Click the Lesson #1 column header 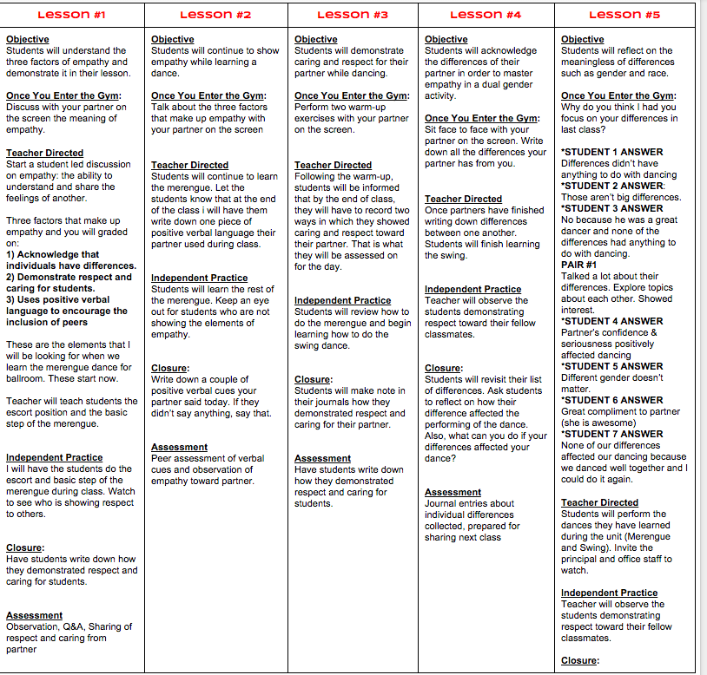(72, 15)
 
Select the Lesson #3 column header (353, 15)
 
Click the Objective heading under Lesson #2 (172, 39)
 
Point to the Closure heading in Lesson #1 (24, 547)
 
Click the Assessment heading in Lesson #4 (453, 492)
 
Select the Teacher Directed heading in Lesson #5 (599, 502)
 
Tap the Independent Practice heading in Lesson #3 (342, 300)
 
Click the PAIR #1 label (578, 265)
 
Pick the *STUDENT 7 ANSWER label (611, 434)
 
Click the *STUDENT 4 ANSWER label (611, 321)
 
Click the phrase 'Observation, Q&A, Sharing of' (69, 626)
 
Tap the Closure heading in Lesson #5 (579, 660)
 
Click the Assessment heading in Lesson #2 (179, 447)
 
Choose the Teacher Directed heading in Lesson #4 (463, 199)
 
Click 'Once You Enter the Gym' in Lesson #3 (351, 95)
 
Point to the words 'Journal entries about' (469, 503)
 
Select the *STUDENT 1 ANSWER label (611, 152)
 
